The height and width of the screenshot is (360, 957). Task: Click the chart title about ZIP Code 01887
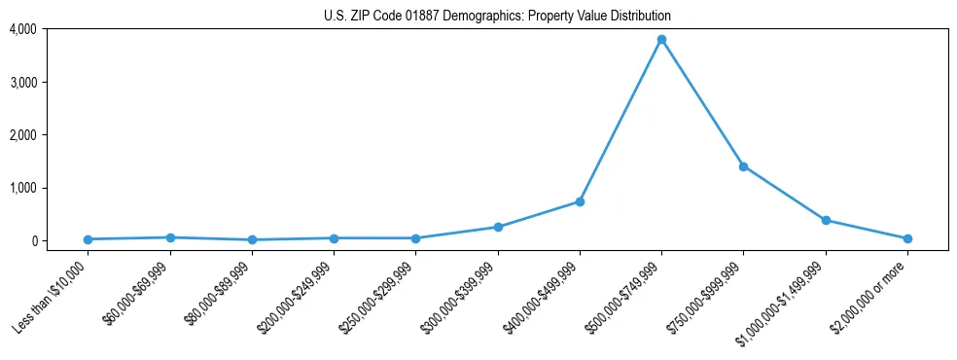497,17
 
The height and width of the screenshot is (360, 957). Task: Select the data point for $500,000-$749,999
661,40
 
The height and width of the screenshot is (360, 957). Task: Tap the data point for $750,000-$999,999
744,166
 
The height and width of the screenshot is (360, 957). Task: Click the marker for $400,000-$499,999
580,201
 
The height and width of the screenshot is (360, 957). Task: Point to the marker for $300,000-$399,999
498,227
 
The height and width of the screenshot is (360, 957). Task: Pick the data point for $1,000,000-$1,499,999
826,220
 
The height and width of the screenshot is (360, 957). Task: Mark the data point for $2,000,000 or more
907,238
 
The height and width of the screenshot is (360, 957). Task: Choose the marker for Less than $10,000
89,239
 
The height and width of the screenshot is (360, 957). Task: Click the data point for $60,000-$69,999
170,237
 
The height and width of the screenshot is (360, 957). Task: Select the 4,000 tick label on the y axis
22,29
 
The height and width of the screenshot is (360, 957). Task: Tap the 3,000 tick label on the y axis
22,82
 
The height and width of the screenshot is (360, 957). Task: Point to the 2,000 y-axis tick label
22,135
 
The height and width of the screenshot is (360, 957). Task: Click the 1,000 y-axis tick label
22,188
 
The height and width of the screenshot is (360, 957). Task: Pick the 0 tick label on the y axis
33,240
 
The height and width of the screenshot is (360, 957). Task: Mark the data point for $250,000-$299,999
416,238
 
